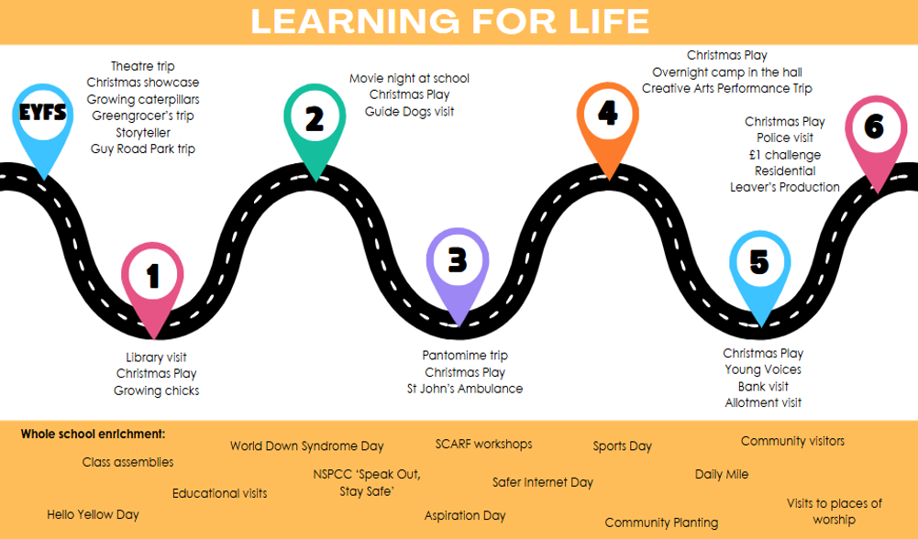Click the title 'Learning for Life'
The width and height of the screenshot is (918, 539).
tap(450, 20)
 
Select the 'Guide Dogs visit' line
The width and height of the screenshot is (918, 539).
tap(409, 111)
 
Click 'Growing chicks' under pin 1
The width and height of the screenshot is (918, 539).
tap(156, 390)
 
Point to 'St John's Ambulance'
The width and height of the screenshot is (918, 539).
tap(465, 389)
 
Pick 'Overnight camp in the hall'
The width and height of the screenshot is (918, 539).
tap(727, 72)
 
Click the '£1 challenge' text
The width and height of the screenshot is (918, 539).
tap(784, 154)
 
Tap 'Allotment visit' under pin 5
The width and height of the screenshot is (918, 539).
tap(763, 402)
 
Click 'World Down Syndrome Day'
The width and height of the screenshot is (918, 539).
tap(306, 446)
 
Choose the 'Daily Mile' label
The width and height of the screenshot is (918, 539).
tap(722, 474)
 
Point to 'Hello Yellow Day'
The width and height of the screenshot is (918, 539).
tap(93, 514)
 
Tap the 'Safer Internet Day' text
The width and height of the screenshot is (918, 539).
tap(543, 482)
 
